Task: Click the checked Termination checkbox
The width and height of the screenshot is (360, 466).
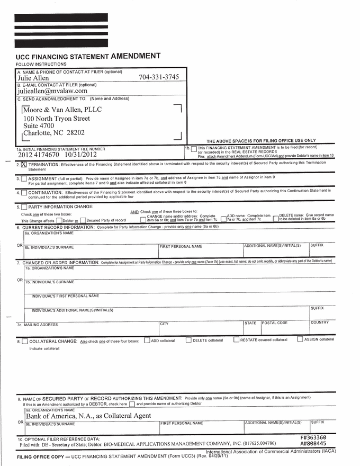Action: (x=24, y=165)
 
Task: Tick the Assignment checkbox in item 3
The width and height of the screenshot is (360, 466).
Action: (x=24, y=179)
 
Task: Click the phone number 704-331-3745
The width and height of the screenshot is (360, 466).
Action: (x=159, y=77)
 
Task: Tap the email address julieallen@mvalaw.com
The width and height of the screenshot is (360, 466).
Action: (x=52, y=91)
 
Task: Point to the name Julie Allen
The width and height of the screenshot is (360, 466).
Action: (x=33, y=78)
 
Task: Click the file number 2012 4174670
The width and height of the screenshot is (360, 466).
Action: (x=39, y=155)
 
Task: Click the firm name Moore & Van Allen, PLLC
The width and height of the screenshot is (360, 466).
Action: (x=62, y=110)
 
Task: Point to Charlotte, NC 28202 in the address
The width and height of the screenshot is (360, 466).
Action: (x=53, y=133)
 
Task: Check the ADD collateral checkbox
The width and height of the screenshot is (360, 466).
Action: (x=147, y=340)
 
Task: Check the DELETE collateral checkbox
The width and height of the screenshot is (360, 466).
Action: (x=188, y=340)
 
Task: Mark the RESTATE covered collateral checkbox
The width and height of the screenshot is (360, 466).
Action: (x=236, y=340)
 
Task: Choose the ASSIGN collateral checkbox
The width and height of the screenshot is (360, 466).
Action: (x=300, y=339)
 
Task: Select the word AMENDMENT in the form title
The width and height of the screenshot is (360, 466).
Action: (x=135, y=56)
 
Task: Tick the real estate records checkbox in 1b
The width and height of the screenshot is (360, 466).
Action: (x=194, y=149)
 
